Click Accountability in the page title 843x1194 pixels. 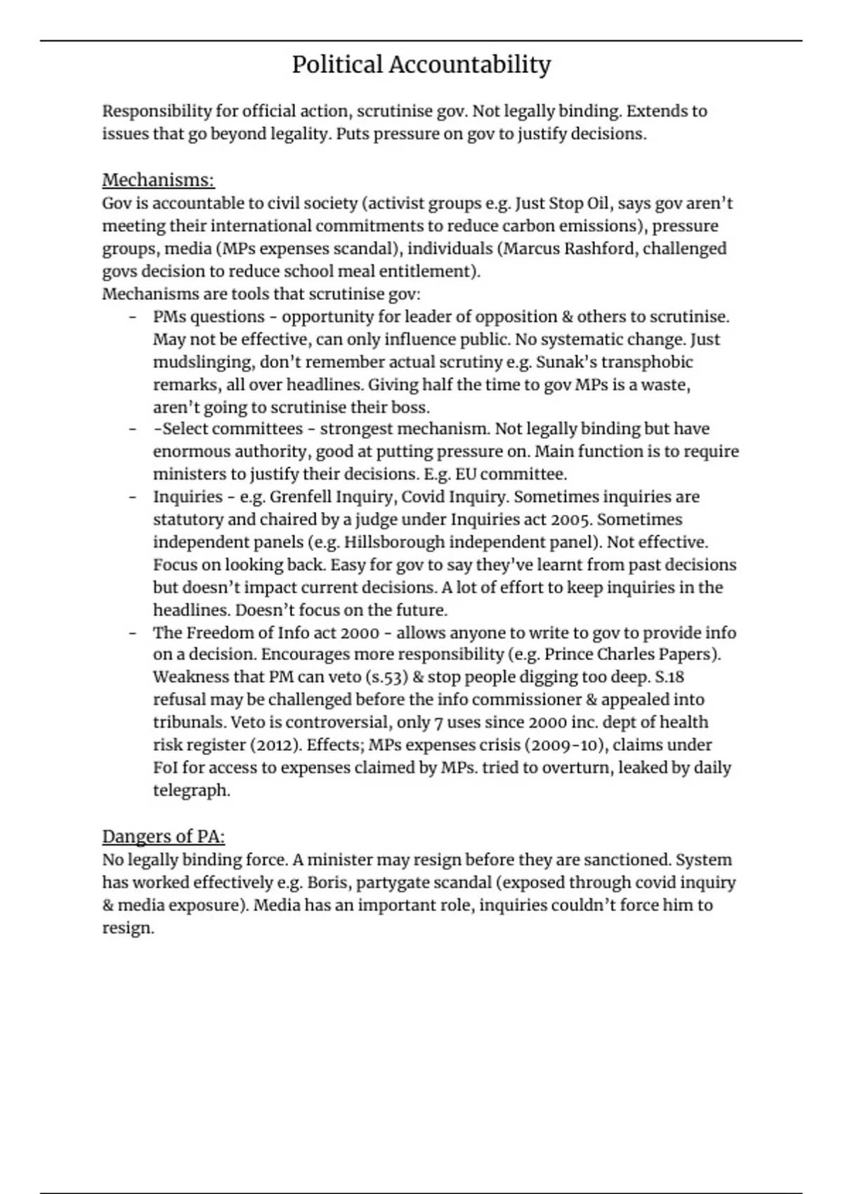[x=469, y=65]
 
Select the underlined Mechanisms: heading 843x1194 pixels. [x=158, y=181]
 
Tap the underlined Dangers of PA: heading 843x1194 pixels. [x=164, y=837]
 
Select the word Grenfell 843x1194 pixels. [x=300, y=497]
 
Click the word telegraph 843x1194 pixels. [x=191, y=791]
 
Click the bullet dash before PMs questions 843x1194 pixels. [x=132, y=317]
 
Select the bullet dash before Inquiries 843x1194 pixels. [x=132, y=497]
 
